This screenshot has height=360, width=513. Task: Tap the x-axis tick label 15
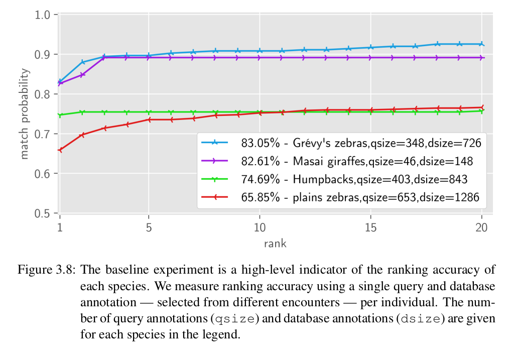point(370,227)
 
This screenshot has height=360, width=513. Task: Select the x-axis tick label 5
point(149,227)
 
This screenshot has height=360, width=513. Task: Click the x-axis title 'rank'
point(275,244)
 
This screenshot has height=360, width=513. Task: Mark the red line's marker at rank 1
point(60,150)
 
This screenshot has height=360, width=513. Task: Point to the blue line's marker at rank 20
point(481,44)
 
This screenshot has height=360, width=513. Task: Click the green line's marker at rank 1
point(60,115)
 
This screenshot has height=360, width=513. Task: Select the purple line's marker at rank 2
point(82,75)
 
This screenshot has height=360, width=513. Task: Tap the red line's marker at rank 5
point(149,119)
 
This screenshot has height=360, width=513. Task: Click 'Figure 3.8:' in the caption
point(47,270)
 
